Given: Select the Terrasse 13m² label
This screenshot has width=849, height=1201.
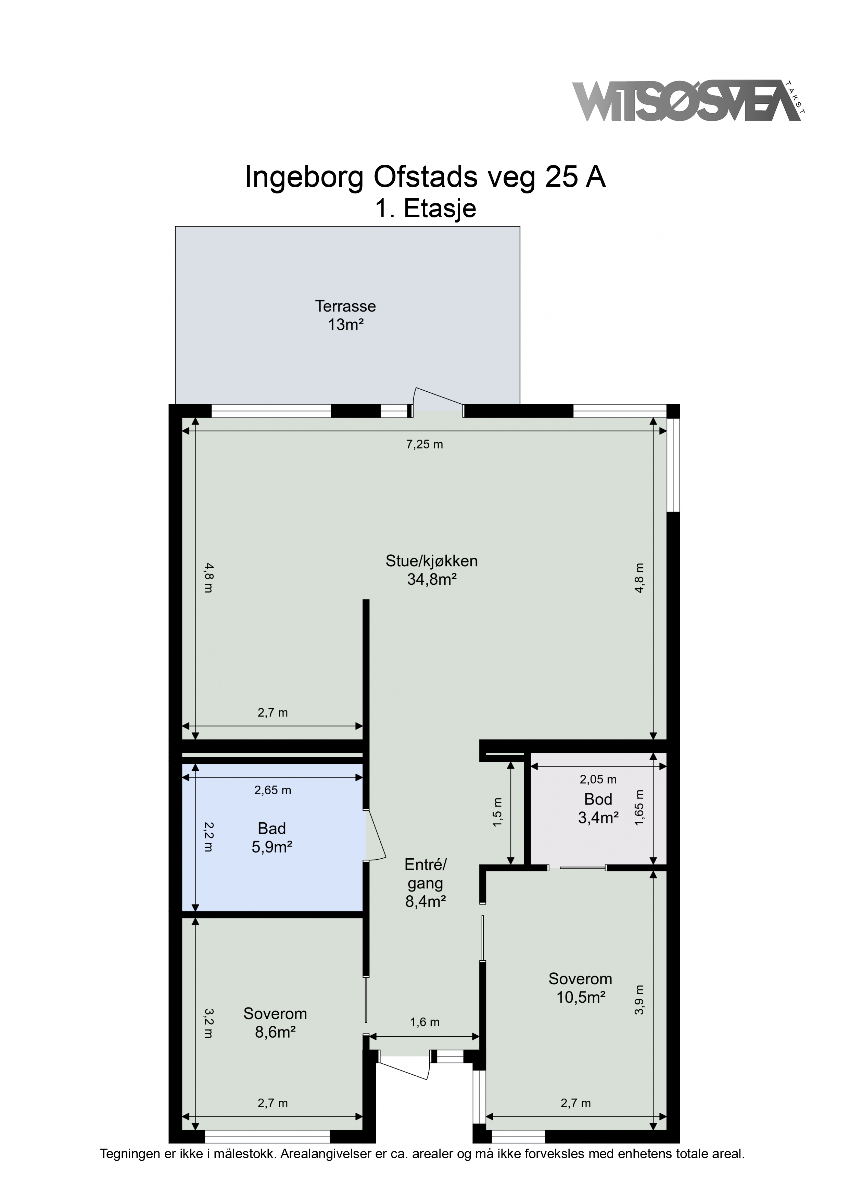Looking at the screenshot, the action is [x=345, y=315].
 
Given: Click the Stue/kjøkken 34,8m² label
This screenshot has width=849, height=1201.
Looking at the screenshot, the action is [x=432, y=570].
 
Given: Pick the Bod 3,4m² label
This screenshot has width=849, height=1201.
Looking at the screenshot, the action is [x=598, y=808].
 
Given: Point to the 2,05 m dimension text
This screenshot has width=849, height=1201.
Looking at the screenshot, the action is [x=598, y=780].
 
